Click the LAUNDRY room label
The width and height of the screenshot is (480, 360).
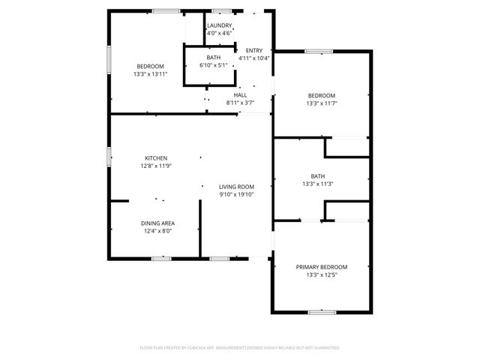point(220,25)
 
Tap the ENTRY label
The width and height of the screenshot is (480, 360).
point(254,51)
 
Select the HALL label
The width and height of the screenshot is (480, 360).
point(241,95)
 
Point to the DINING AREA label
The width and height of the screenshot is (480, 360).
point(157,223)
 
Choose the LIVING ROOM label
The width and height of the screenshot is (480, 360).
point(236,187)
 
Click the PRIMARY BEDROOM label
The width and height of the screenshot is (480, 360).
point(321,268)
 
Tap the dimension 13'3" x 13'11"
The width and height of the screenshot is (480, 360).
point(150,73)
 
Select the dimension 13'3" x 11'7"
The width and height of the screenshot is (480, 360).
point(322,103)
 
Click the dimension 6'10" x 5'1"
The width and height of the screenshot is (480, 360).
point(214,65)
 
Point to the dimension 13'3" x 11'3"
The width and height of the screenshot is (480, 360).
point(318,184)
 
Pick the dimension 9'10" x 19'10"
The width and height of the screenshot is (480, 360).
point(236,194)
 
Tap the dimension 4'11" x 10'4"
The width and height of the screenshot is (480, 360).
point(254,58)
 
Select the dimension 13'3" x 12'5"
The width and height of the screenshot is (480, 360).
point(321,275)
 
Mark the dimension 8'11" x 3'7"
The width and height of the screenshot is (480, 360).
point(241,103)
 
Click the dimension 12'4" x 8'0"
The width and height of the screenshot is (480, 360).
point(157,231)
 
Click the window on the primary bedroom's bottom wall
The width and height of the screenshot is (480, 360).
point(321,311)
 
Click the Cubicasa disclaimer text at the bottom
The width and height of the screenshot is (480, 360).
point(240,348)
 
